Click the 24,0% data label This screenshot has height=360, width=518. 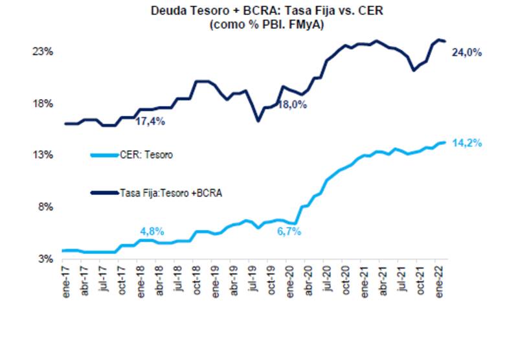click(466, 53)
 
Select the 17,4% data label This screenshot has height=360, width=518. click(150, 121)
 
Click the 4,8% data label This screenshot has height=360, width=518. click(152, 231)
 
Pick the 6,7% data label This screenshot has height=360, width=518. click(289, 231)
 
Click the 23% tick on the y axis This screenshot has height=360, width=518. click(42, 51)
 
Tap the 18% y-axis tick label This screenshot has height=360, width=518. click(42, 104)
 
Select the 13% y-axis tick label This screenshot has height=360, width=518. click(42, 155)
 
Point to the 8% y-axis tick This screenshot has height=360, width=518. click(45, 207)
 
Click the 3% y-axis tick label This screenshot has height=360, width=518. click(45, 259)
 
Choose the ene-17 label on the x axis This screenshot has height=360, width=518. click(64, 277)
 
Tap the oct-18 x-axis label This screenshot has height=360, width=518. click(196, 277)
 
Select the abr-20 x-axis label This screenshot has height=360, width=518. click(308, 277)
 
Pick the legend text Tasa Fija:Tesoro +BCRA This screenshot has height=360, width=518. click(171, 192)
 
